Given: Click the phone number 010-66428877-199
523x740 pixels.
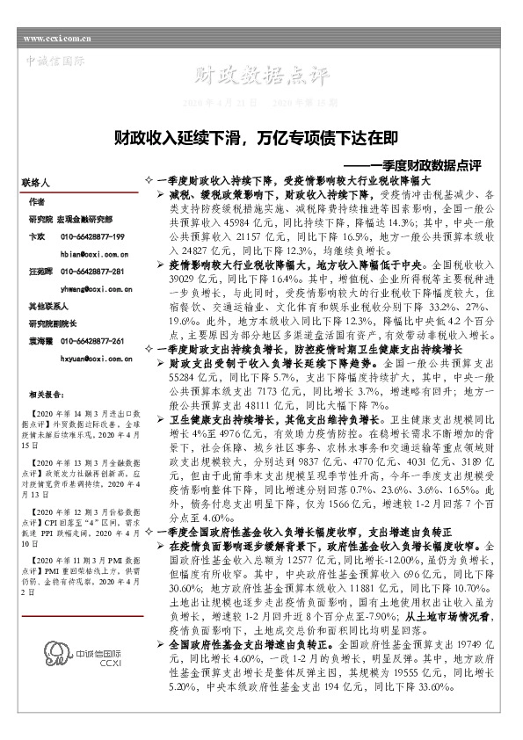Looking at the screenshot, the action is (x=92, y=237).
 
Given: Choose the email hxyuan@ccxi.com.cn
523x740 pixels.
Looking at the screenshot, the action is (x=96, y=359).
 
